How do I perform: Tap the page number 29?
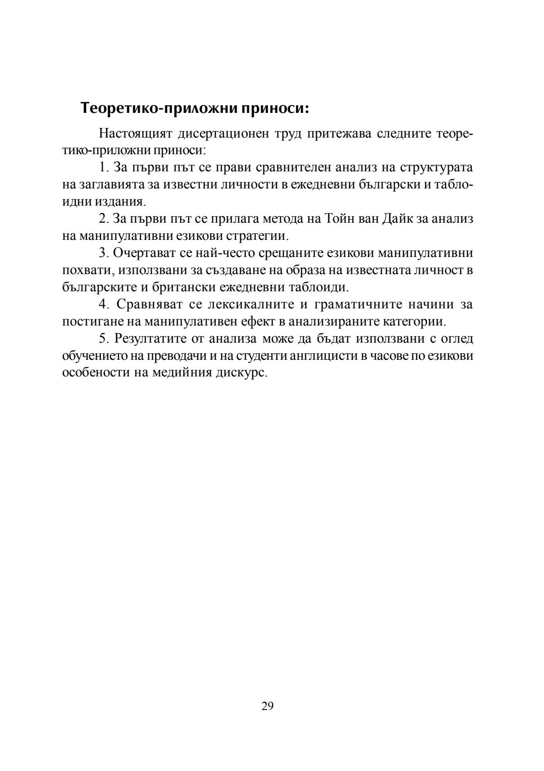point(267,705)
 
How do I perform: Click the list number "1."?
point(104,167)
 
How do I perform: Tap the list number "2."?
point(104,219)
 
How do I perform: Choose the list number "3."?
point(104,253)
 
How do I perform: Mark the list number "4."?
point(104,304)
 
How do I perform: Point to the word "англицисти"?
point(329,356)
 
